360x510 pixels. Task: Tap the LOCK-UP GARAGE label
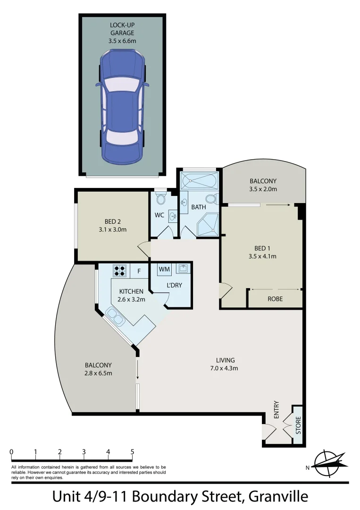(x=122, y=29)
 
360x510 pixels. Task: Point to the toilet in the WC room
(x=160, y=199)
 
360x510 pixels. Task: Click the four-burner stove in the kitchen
(x=120, y=271)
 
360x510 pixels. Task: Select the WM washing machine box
(x=164, y=269)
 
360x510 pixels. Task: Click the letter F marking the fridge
(x=139, y=271)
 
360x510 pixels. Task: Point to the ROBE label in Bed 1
(x=275, y=298)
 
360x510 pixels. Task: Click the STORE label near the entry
(x=298, y=425)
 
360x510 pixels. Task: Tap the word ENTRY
(x=276, y=410)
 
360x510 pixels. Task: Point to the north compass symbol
(x=329, y=462)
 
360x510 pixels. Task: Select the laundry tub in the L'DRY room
(x=183, y=269)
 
